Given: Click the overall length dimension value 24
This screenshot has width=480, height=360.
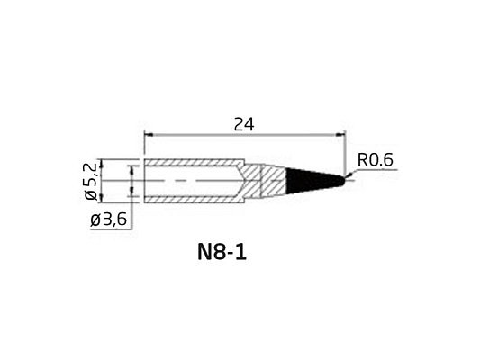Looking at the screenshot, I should [243, 125].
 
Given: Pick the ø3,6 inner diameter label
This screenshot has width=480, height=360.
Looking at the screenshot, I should [110, 220].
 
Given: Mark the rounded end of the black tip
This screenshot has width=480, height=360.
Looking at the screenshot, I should [343, 180].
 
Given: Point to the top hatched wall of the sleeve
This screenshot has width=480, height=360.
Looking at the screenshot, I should [194, 166].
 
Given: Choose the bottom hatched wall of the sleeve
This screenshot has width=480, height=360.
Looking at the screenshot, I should [194, 197].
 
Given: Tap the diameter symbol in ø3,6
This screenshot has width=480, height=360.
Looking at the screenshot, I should [95, 220].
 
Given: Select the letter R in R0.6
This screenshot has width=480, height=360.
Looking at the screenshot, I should [362, 160].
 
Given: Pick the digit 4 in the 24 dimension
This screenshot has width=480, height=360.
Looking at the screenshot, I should [249, 125].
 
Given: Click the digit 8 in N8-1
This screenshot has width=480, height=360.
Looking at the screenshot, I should [220, 253].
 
